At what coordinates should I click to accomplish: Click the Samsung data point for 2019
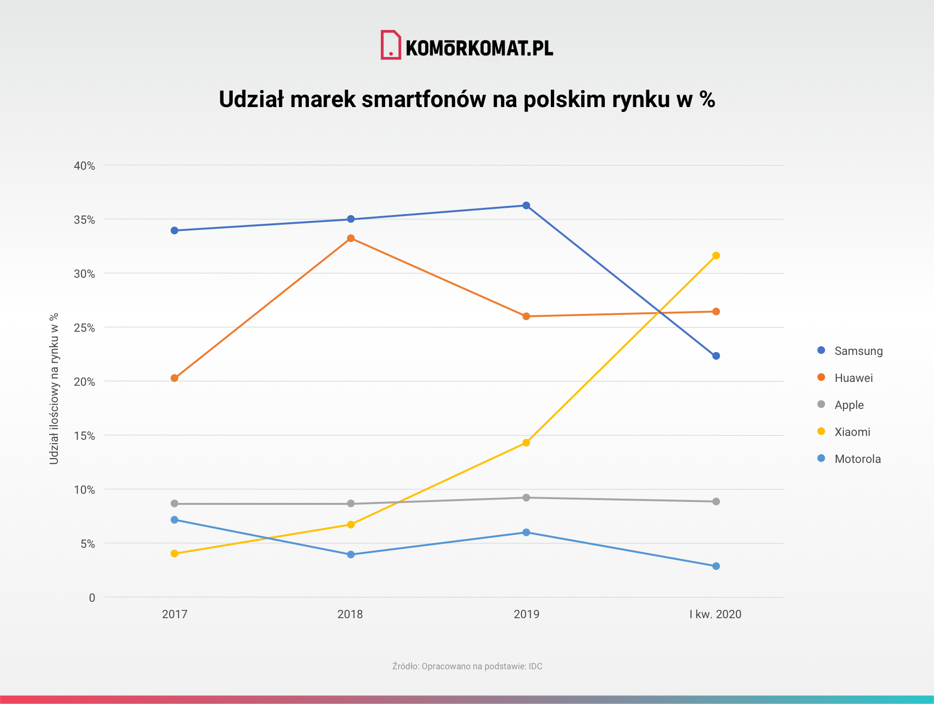(526, 205)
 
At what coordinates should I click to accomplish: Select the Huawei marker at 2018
(351, 238)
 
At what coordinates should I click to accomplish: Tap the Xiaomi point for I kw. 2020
(716, 256)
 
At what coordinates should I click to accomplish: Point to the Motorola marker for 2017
(174, 520)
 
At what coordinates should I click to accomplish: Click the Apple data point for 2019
(526, 498)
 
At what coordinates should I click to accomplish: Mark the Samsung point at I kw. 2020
(716, 356)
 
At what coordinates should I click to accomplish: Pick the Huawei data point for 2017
(174, 378)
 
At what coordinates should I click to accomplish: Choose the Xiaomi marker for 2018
(351, 525)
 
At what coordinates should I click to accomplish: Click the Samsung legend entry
(858, 351)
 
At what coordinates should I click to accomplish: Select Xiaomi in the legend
(852, 432)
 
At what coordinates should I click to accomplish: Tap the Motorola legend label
(857, 459)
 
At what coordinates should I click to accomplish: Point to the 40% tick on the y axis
(84, 166)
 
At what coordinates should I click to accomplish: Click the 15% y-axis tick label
(84, 436)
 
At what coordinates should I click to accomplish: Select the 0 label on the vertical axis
(92, 598)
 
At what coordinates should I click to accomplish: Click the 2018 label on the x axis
(350, 614)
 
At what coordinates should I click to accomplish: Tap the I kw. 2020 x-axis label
(715, 614)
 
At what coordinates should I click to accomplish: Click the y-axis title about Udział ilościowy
(54, 389)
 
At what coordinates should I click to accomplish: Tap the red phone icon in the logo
(390, 45)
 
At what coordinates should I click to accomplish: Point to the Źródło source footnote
(467, 666)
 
